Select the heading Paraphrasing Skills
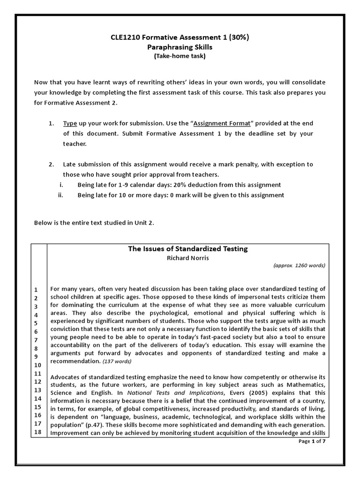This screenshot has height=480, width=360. click(180, 47)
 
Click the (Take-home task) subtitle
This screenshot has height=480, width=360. click(180, 56)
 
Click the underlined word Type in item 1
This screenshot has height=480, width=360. click(70, 123)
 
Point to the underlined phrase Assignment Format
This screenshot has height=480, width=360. click(222, 123)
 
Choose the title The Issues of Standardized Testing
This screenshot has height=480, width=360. click(187, 249)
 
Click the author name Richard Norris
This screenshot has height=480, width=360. click(187, 257)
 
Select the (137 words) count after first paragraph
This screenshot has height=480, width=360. click(117, 361)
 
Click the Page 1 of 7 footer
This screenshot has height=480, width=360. click(312, 442)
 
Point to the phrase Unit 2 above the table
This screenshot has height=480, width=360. click(142, 223)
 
